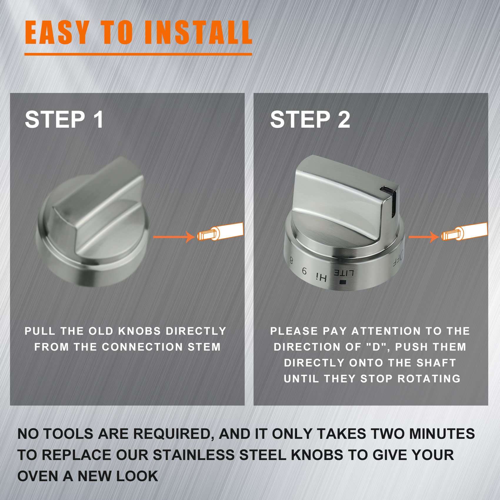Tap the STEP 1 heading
click(x=64, y=119)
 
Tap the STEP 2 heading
click(x=310, y=119)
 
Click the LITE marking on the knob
click(x=343, y=273)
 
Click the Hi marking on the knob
click(x=321, y=277)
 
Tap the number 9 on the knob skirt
click(x=305, y=271)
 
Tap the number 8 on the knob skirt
click(x=291, y=261)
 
